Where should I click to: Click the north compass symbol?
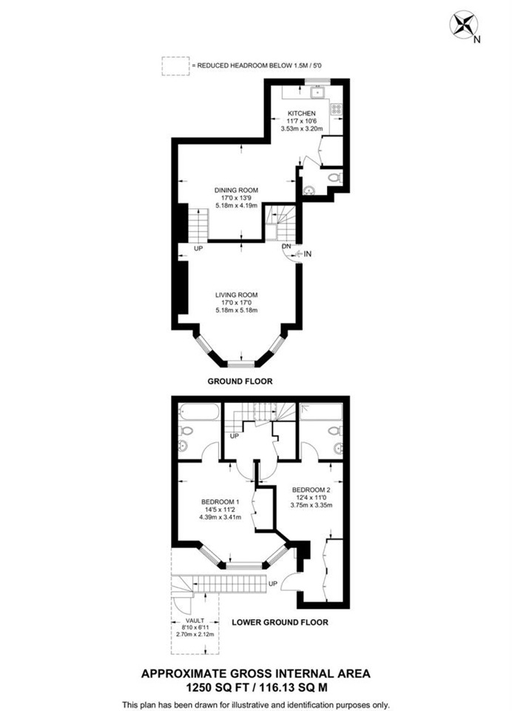tap(464, 24)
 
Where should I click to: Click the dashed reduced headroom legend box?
tap(175, 66)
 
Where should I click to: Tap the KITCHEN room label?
tap(301, 113)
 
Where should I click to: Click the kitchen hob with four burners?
tap(335, 111)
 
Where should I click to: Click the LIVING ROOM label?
tap(236, 295)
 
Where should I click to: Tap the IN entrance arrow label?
tap(308, 255)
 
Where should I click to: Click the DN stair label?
tap(286, 246)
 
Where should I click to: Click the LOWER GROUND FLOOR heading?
tap(280, 622)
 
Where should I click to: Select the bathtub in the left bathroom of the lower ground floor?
tap(198, 411)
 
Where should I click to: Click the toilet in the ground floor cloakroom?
tap(334, 178)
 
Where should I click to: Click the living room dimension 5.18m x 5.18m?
tap(236, 310)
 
